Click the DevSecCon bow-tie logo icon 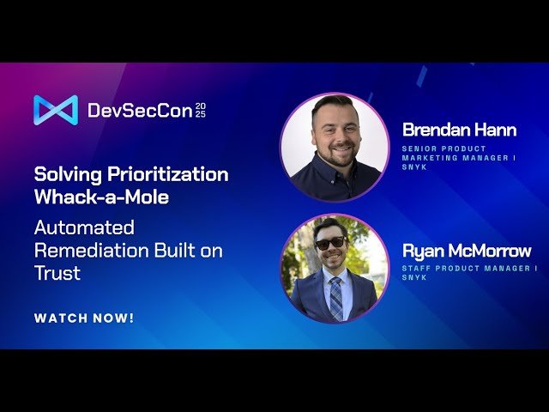[56, 110]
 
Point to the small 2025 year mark [201, 110]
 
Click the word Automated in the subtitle [84, 228]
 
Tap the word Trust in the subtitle [57, 274]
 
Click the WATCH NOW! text [84, 318]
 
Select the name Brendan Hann [460, 130]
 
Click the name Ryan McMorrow [467, 251]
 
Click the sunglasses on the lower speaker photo [330, 244]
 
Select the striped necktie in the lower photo [335, 297]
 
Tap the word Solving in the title [66, 175]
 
